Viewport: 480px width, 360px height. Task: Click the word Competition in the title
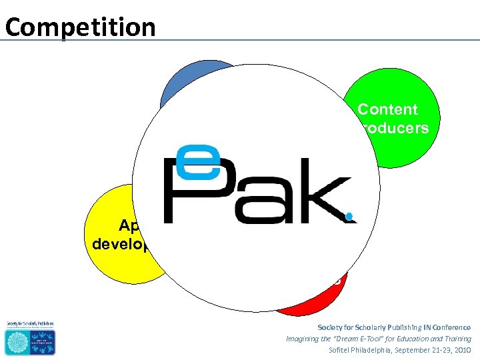coord(80,27)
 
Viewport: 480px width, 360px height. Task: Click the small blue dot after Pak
coord(349,216)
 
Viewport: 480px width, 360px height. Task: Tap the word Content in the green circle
coord(387,110)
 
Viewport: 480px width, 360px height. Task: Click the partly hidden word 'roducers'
coord(394,128)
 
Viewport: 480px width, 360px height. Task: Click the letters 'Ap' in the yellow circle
coord(131,225)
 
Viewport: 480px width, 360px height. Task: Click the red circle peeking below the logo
coord(313,300)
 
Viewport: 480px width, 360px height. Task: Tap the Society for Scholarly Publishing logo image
coord(30,337)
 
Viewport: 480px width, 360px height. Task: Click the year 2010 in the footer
coord(461,350)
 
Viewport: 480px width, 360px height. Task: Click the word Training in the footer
coord(456,339)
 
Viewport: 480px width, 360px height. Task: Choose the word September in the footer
coord(417,350)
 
